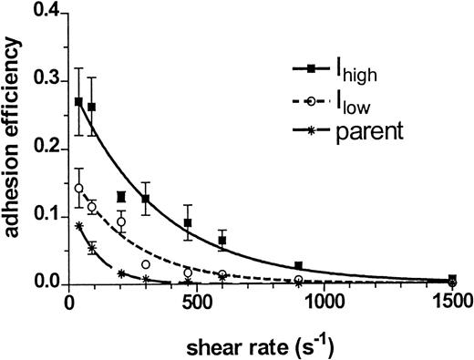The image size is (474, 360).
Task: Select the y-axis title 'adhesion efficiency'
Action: click(x=15, y=146)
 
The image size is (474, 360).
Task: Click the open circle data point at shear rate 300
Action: click(x=146, y=264)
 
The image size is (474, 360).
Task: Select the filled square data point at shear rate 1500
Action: click(x=452, y=279)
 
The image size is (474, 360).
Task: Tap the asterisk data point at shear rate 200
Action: click(x=121, y=273)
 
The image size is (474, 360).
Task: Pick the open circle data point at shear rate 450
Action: click(x=188, y=273)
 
